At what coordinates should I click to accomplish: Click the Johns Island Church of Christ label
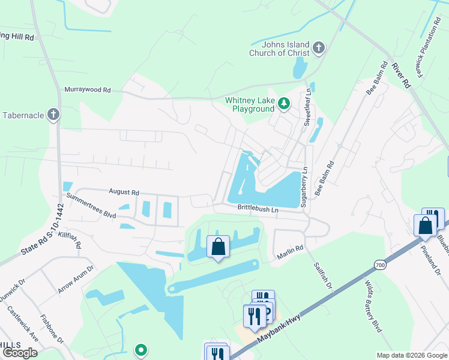click(280, 49)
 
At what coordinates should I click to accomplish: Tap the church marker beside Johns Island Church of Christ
click(319, 47)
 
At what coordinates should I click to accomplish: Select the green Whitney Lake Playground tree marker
click(285, 104)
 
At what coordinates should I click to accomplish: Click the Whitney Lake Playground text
click(250, 104)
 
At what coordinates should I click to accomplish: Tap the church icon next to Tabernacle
click(54, 114)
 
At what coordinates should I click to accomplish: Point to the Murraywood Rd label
click(88, 90)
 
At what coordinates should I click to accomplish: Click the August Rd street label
click(124, 192)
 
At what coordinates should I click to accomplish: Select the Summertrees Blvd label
click(91, 205)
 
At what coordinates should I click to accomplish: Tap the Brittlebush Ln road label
click(258, 209)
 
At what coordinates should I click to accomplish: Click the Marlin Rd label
click(291, 256)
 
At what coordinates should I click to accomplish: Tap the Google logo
click(20, 353)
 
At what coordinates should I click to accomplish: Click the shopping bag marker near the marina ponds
click(217, 247)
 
